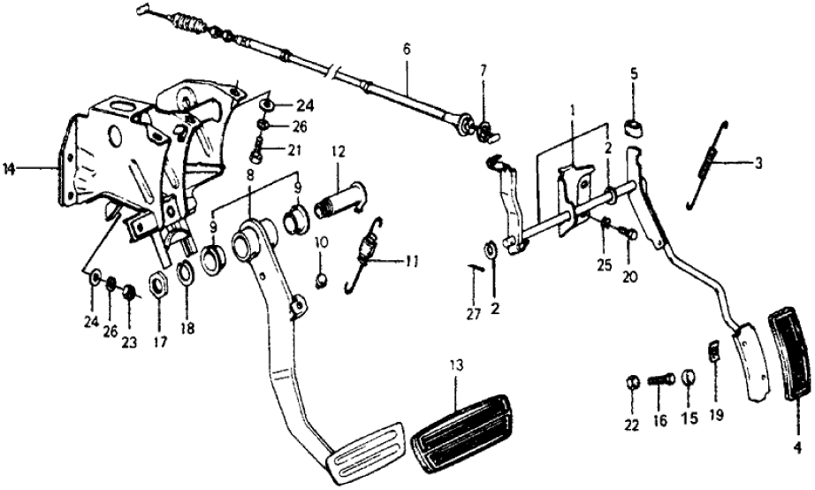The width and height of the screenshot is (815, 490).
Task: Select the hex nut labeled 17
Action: [x=158, y=287]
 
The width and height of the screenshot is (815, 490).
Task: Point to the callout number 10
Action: [x=322, y=241]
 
